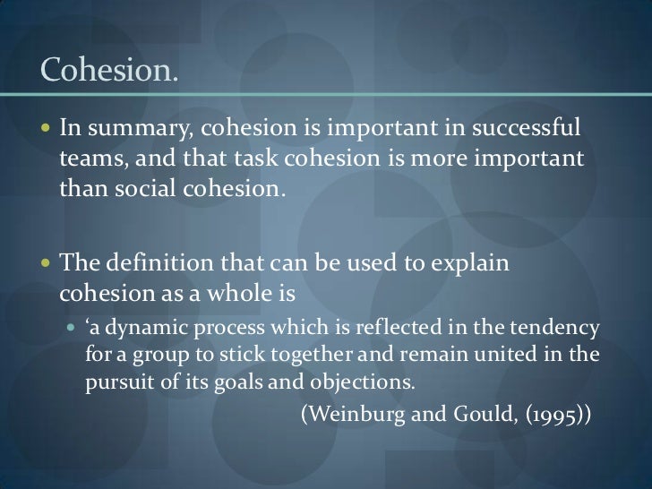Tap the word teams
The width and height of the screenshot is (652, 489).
tap(88, 159)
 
